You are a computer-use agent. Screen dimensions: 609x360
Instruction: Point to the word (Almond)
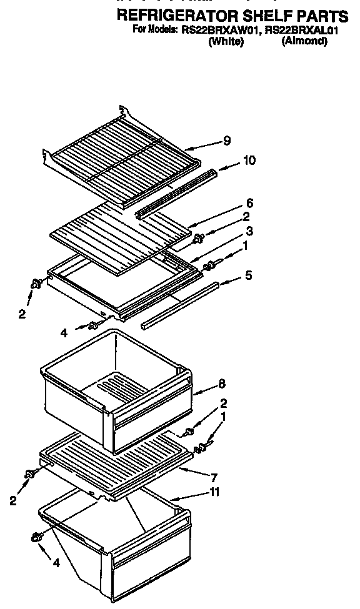(304, 41)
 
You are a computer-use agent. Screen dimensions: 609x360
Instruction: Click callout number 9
(226, 142)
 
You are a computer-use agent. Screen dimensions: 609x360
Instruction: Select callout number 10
(249, 161)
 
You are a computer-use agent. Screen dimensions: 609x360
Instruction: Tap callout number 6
(249, 203)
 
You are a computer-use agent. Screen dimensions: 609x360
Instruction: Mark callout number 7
(214, 477)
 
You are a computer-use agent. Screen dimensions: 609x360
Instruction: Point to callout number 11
(215, 493)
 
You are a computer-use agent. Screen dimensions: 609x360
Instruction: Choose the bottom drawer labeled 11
(119, 550)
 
